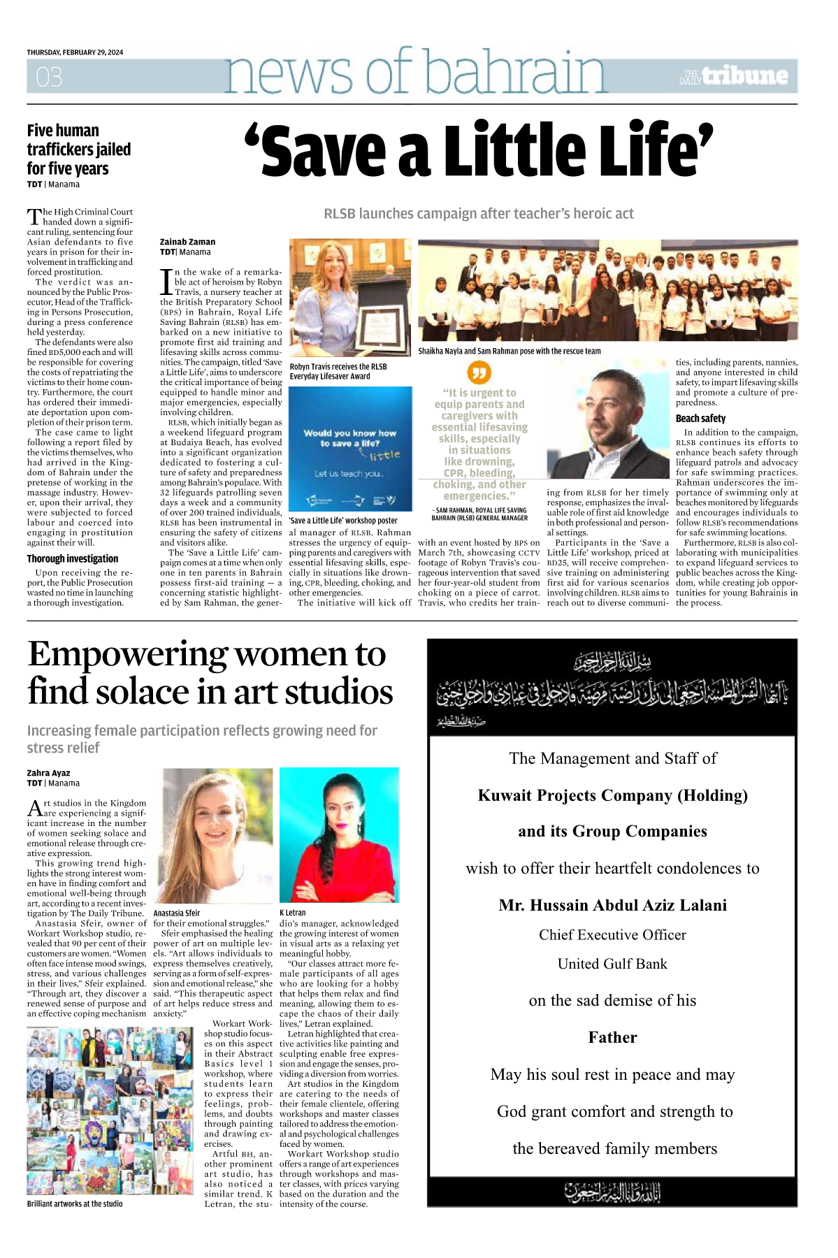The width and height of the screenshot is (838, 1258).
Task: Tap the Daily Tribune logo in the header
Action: point(735,76)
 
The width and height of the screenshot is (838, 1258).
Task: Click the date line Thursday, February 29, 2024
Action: point(75,52)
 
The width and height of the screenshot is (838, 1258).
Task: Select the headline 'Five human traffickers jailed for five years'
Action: point(78,150)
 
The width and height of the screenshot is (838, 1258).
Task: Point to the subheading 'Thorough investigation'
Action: point(73,559)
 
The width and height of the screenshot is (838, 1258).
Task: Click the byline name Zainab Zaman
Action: point(187,242)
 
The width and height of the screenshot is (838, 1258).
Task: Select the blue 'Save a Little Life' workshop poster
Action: point(350,449)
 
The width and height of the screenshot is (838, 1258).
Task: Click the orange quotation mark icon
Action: point(479,373)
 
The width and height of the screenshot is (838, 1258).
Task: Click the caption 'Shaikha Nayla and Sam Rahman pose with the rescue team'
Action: point(510,351)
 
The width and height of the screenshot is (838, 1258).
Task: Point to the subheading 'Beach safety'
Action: point(700,419)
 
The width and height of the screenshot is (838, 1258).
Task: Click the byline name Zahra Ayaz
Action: point(48,773)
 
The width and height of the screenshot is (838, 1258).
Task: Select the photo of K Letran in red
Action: point(339,834)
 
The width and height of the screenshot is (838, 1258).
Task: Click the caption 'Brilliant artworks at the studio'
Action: point(75,1203)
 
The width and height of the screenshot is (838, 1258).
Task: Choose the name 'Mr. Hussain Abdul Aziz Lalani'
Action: point(612,905)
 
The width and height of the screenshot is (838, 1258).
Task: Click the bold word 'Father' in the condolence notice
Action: point(612,1037)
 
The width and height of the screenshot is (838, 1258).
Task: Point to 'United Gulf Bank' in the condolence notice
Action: point(612,964)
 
